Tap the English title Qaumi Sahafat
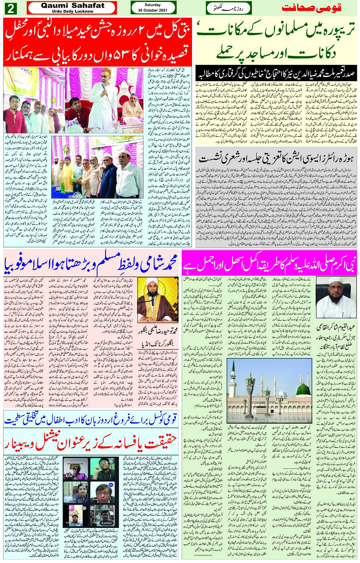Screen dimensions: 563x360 tap(72, 5)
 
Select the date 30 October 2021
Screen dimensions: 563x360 tap(153, 10)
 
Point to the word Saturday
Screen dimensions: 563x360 tap(153, 5)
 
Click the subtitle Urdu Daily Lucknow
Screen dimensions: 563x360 tap(72, 11)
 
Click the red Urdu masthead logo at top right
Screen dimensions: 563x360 tap(311, 8)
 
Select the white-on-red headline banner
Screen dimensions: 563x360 tap(98, 42)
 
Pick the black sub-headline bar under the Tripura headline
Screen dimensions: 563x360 tap(276, 73)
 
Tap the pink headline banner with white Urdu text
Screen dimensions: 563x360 tap(269, 263)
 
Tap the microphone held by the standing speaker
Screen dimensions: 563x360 tap(103, 86)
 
